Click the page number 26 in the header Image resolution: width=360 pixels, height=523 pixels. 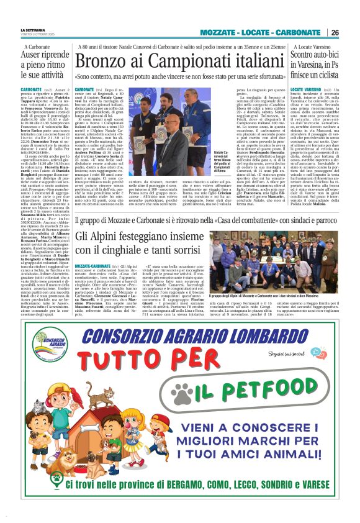335,32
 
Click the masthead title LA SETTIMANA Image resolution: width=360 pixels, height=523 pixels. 32,29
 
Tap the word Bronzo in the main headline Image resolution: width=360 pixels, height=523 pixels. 101,63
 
